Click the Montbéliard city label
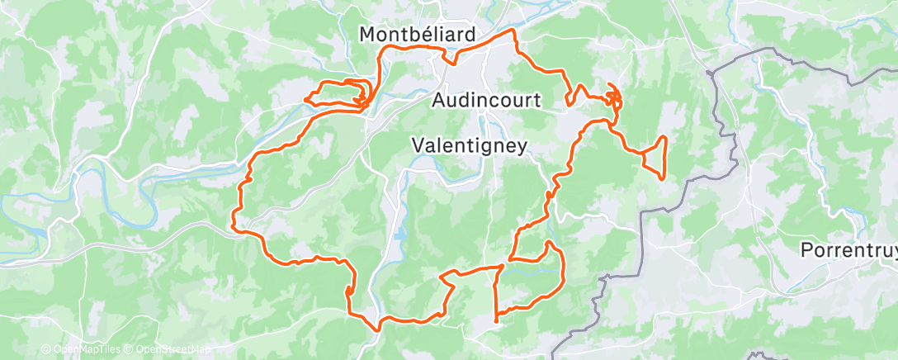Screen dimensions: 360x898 coord(418,35)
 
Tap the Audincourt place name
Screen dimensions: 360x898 coord(486,100)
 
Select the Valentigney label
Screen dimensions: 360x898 coord(469,145)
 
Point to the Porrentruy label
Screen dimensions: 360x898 coord(849,249)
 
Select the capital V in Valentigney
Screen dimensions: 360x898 coord(418,145)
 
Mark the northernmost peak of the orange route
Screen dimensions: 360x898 coord(515,30)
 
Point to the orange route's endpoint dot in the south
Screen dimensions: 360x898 coord(495,320)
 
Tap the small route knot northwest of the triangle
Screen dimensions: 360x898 coord(613,97)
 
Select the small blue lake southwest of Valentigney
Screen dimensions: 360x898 coord(401,234)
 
